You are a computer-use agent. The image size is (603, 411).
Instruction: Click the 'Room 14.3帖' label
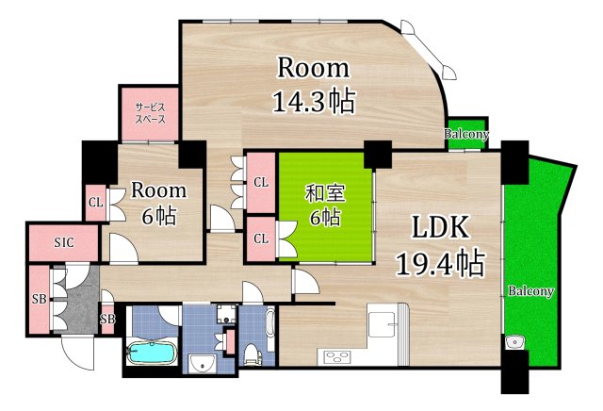tap(313, 86)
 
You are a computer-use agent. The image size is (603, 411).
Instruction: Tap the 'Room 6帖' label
tap(158, 202)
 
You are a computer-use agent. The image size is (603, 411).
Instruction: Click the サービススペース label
tap(149, 113)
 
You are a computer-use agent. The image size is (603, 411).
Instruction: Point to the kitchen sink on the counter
tap(382, 323)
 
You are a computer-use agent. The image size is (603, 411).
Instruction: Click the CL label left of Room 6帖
tap(95, 201)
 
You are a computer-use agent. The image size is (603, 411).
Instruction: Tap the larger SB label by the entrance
tap(38, 299)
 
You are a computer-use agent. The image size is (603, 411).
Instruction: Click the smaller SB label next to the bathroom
tap(106, 318)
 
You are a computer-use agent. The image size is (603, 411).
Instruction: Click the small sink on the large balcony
tap(513, 341)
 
